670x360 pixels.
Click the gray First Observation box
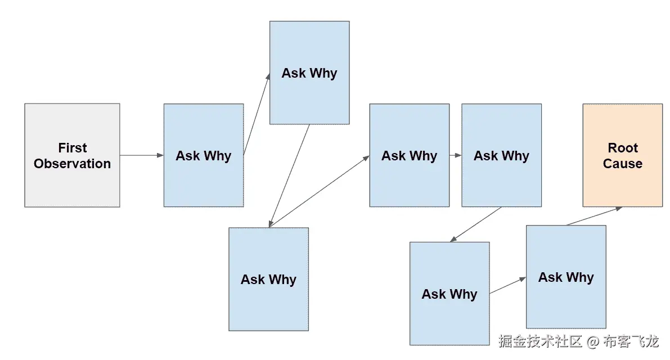tap(72, 155)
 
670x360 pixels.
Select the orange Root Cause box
tap(622, 155)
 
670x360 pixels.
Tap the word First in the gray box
tap(73, 148)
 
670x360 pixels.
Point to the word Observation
tap(72, 164)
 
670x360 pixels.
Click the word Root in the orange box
tap(623, 148)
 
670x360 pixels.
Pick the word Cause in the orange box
tap(622, 164)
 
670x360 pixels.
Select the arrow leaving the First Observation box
tap(141, 155)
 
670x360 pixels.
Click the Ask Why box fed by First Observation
tap(203, 155)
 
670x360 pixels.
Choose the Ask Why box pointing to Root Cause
tap(565, 277)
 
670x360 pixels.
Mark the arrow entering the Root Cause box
tap(594, 216)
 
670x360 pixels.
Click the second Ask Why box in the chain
tap(309, 73)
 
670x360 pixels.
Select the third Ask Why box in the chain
tap(268, 279)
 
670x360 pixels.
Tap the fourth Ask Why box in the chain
tap(409, 155)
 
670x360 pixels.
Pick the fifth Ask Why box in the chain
tap(501, 155)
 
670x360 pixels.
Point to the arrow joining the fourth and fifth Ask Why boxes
tap(455, 155)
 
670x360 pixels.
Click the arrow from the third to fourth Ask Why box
tap(319, 191)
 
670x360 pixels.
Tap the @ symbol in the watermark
tap(592, 341)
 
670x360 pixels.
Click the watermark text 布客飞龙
tap(630, 341)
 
